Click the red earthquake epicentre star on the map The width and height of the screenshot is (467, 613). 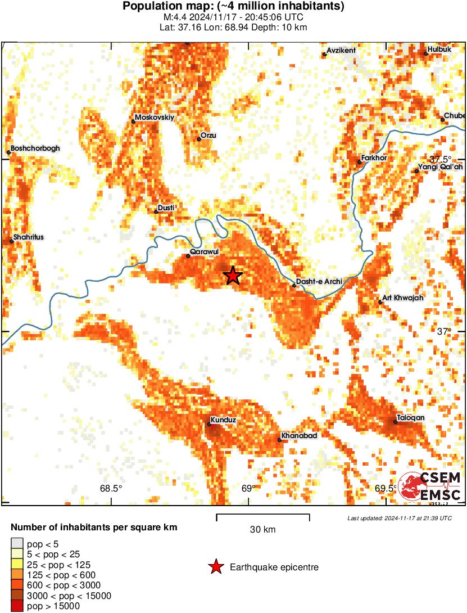[x=233, y=276]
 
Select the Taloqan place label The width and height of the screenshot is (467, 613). [x=411, y=418]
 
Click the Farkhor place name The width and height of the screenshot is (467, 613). [x=374, y=158]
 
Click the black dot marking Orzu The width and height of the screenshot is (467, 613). [x=199, y=139]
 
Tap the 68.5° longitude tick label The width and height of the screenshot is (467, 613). [x=111, y=488]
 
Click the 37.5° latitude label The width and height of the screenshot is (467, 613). [x=441, y=159]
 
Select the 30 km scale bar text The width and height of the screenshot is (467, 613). [x=262, y=530]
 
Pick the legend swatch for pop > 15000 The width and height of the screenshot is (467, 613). [x=17, y=606]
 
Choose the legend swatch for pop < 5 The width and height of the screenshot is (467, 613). [x=17, y=544]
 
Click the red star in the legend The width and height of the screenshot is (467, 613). [x=215, y=567]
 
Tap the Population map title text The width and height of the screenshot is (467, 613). [x=233, y=7]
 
